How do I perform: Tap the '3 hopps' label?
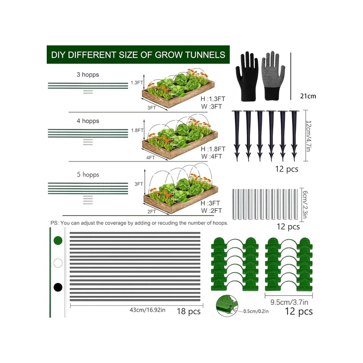(x=88, y=74)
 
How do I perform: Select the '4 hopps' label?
(x=88, y=121)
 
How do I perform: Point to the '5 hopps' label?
(x=88, y=174)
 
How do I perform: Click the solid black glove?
(x=247, y=76)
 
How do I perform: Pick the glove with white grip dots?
(x=274, y=76)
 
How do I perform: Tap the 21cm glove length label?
(x=308, y=96)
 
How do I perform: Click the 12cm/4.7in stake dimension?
(x=309, y=136)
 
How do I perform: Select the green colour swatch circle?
(x=58, y=240)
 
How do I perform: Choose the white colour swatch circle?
(x=58, y=263)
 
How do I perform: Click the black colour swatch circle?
(x=58, y=287)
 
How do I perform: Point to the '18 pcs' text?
(x=189, y=311)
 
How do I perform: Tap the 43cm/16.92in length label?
(x=147, y=310)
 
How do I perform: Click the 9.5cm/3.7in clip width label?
(x=289, y=302)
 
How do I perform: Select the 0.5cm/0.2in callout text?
(x=256, y=311)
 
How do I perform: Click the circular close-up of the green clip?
(x=227, y=306)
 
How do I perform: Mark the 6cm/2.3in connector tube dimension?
(x=304, y=205)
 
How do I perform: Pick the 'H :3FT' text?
(x=210, y=203)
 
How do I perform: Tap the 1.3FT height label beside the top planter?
(x=137, y=83)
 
